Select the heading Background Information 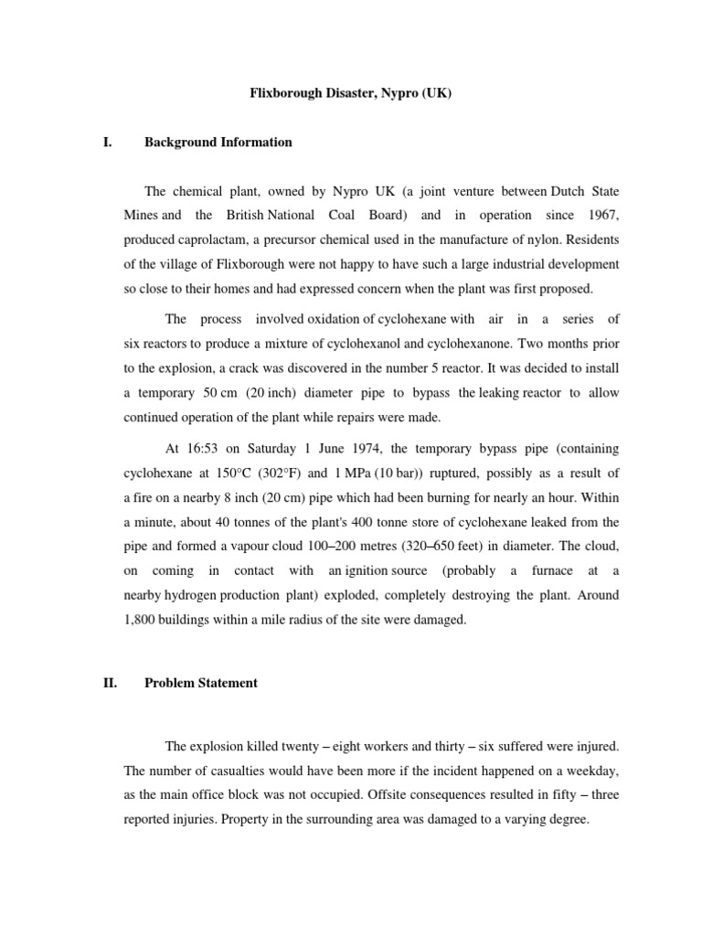(218, 143)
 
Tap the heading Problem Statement (201, 683)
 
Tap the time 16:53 (206, 449)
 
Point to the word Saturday (259, 449)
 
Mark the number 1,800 (143, 619)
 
